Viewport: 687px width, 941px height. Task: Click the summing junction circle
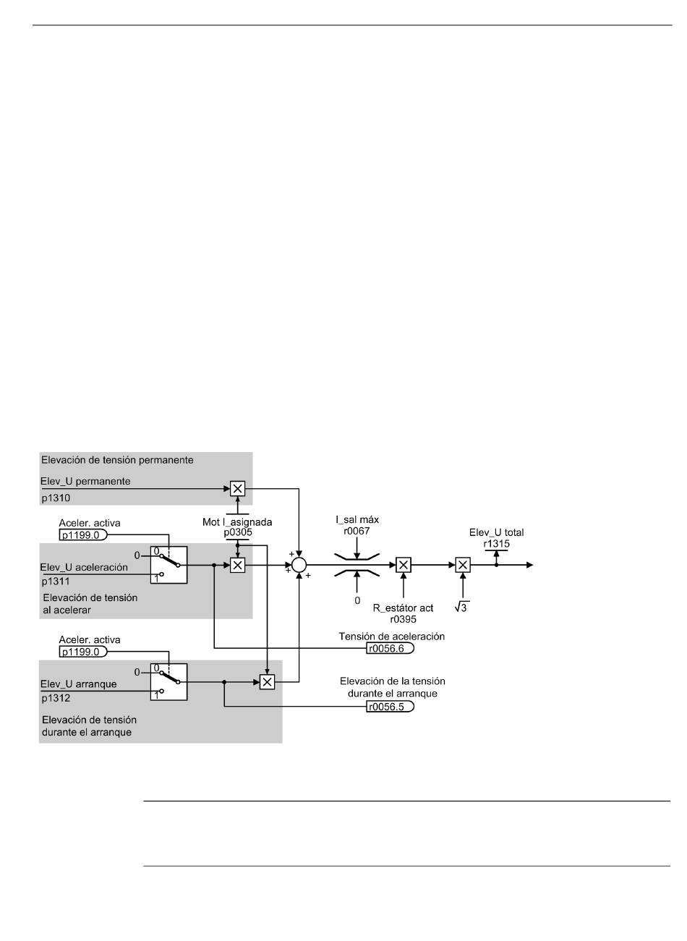tap(299, 565)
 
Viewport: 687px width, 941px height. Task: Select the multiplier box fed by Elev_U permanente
tap(238, 488)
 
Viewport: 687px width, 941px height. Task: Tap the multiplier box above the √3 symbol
tap(463, 565)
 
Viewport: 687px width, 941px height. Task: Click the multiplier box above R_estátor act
tap(404, 565)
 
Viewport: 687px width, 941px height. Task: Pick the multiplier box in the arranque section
tap(267, 682)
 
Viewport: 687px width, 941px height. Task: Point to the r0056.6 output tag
tap(390, 648)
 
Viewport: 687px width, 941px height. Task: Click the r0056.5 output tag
tap(390, 707)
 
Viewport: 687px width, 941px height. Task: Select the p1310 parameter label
tap(56, 498)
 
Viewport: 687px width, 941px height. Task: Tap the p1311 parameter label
tap(56, 582)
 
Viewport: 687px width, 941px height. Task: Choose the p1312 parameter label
tap(56, 699)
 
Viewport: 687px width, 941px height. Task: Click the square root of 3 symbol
tap(461, 608)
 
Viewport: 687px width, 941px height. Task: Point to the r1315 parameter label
tap(496, 544)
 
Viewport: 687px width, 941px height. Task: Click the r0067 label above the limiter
tap(357, 531)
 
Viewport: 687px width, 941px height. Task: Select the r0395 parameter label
tap(403, 619)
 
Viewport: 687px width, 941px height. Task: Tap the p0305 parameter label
tap(238, 532)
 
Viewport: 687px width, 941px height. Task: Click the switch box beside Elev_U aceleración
tap(168, 565)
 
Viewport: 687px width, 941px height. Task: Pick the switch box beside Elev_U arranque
tap(168, 682)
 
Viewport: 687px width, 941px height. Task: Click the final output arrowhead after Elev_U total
tap(529, 565)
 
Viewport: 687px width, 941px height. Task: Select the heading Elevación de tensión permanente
tap(117, 460)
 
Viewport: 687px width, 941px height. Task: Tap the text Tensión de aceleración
tap(391, 636)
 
